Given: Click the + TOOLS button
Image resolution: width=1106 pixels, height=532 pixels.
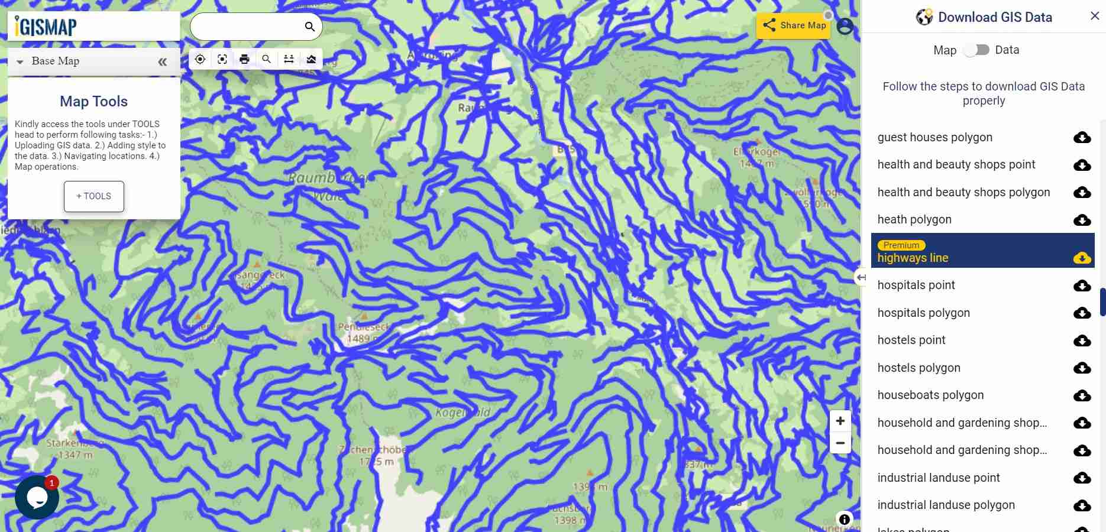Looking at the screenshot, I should click(94, 196).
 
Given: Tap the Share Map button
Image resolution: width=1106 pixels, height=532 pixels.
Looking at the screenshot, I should click(793, 25).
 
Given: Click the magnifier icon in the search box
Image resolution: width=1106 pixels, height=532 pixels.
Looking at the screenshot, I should click(309, 27).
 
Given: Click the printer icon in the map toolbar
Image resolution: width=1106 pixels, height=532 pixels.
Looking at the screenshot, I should click(244, 59).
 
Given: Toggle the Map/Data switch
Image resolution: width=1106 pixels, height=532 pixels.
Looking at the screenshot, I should click(976, 50).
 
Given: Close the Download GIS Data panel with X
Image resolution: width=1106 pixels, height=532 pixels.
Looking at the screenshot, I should click(1094, 17).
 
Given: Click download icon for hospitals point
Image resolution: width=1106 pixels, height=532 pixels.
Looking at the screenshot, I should click(1082, 286).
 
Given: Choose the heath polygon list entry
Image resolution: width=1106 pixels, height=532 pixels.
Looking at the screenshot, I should click(914, 219).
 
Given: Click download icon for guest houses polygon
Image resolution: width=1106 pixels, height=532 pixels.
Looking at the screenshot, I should click(1082, 138).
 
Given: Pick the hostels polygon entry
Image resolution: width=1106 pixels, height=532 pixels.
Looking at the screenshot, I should click(919, 368).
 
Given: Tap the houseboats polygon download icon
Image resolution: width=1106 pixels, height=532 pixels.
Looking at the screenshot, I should click(1082, 395).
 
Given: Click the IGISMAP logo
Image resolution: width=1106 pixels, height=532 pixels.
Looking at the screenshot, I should click(46, 27).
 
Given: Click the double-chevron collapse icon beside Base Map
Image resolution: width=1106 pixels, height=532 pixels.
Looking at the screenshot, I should click(162, 61).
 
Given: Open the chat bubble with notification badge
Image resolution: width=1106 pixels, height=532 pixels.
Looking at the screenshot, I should click(37, 497).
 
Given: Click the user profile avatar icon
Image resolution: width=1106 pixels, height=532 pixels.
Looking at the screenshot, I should click(845, 27).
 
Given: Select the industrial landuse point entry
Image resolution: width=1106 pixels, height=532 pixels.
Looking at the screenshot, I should click(938, 478).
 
